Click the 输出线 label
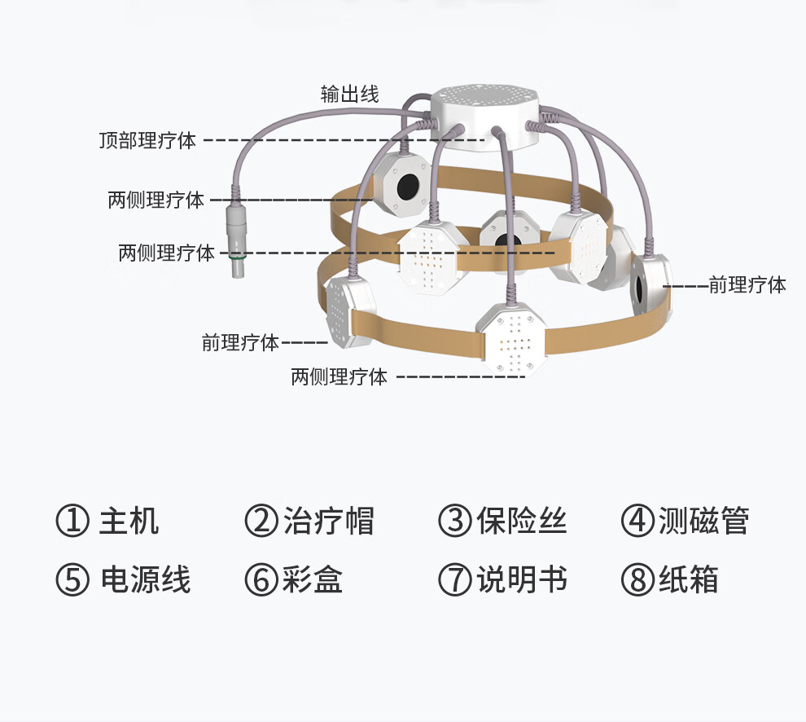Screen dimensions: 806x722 [x=349, y=95]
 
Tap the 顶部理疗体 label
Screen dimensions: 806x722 [x=147, y=140]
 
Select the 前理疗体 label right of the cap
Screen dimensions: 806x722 [x=747, y=285]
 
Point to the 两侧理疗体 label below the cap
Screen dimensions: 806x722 [x=339, y=377]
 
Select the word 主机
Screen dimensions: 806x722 [x=129, y=521]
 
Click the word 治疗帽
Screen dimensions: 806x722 [x=329, y=521]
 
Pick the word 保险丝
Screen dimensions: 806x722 [x=522, y=521]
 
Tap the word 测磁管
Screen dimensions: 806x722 [x=703, y=521]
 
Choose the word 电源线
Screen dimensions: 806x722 [x=145, y=580]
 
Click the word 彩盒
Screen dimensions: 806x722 [x=313, y=580]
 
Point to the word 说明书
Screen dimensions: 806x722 [x=522, y=580]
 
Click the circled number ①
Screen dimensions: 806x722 [x=72, y=522]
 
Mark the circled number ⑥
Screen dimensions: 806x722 [x=261, y=580]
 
